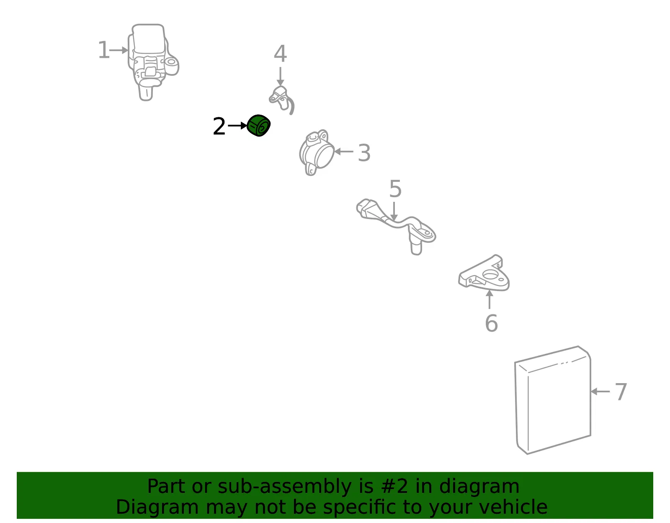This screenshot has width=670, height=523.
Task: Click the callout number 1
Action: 103,50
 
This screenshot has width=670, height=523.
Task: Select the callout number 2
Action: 219,126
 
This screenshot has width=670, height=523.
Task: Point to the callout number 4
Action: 280,53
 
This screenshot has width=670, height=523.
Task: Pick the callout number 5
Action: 395,188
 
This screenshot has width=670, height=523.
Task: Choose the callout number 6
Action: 492,323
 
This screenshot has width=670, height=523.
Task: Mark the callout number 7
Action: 621,392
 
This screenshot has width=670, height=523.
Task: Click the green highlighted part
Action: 259,126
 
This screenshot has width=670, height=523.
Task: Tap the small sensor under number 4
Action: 281,99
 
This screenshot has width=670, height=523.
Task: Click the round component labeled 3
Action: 316,152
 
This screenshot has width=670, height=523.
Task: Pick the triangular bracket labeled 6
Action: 484,273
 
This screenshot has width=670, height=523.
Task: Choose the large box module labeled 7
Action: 552,400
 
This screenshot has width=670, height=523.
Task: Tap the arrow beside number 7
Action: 600,392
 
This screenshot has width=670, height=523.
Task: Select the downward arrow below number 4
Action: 280,77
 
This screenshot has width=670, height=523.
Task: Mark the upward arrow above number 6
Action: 490,299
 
